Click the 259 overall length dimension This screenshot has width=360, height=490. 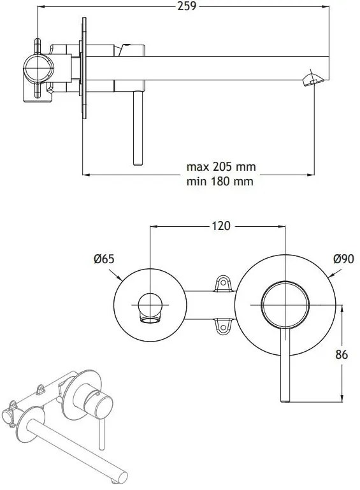[187, 6]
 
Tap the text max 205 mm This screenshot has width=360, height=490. [221, 166]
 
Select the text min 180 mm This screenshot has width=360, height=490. [220, 181]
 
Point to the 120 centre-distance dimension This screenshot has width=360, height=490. [221, 226]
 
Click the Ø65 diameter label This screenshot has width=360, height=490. [104, 259]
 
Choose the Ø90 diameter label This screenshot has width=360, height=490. [343, 259]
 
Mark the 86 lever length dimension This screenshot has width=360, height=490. [342, 355]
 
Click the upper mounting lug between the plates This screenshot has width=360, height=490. [223, 284]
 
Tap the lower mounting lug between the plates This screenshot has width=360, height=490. [223, 327]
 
